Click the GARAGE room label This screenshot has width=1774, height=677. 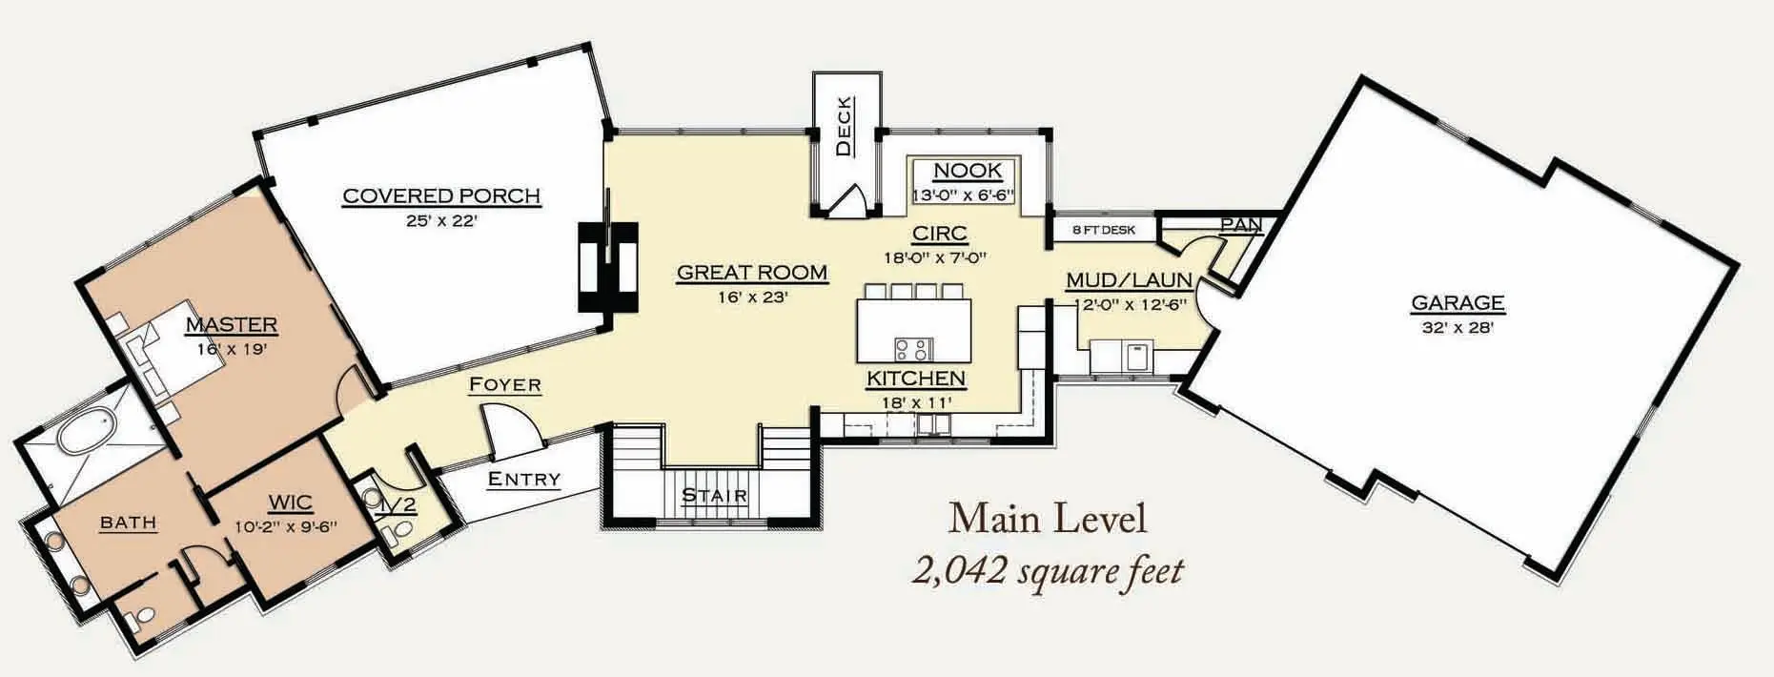pyautogui.click(x=1458, y=303)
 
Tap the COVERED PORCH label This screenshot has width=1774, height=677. pyautogui.click(x=441, y=196)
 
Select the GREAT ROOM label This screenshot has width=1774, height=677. pyautogui.click(x=752, y=273)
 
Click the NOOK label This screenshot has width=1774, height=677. pyautogui.click(x=968, y=171)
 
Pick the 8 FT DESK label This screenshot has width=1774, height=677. pyautogui.click(x=1104, y=230)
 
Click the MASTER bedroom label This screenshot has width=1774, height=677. pyautogui.click(x=231, y=325)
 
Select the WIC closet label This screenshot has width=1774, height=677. pyautogui.click(x=291, y=503)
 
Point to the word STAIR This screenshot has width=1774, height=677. pyautogui.click(x=714, y=496)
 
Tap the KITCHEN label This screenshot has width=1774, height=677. pyautogui.click(x=916, y=379)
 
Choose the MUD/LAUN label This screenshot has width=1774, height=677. pyautogui.click(x=1129, y=280)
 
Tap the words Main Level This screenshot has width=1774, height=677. pyautogui.click(x=1047, y=518)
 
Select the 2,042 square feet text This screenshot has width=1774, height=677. pyautogui.click(x=1048, y=571)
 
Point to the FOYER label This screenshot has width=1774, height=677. pyautogui.click(x=505, y=385)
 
